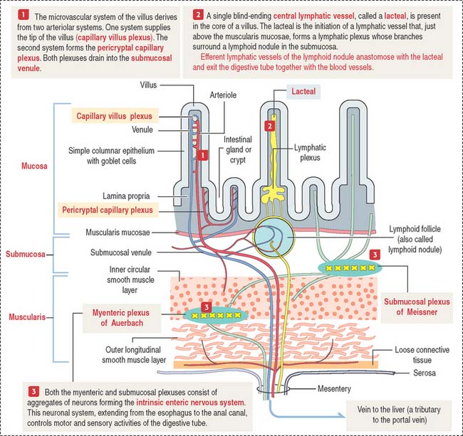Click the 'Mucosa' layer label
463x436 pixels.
coord(26,166)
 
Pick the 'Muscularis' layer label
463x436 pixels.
coord(26,313)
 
